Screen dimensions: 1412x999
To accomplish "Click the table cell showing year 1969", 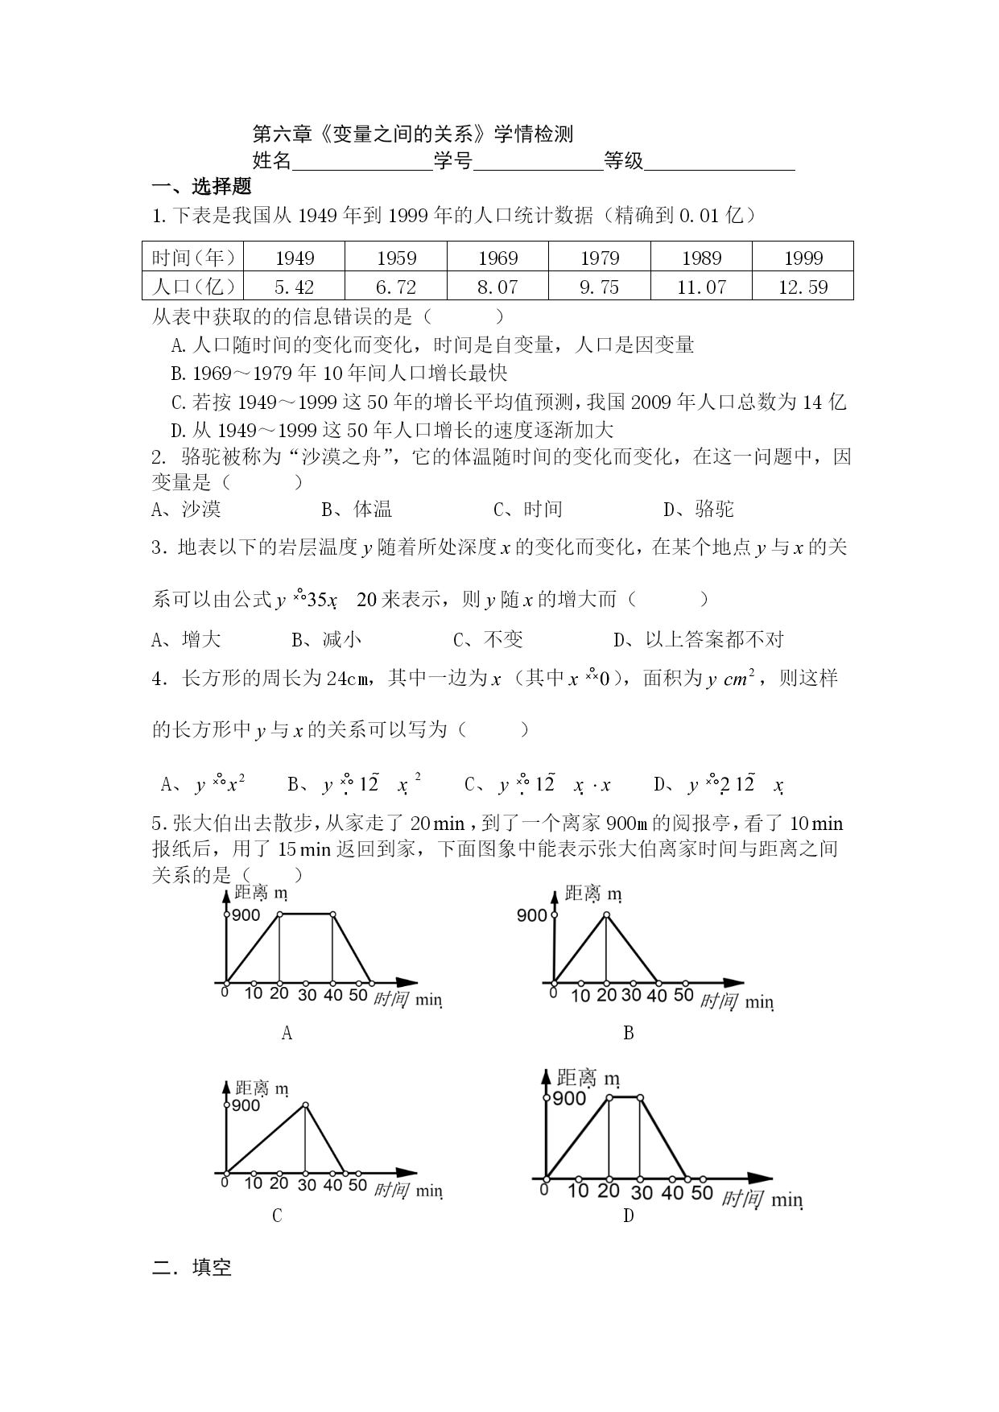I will [x=497, y=258].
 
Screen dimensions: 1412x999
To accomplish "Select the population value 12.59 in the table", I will [x=803, y=287].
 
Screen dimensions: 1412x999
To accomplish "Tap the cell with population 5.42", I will [x=294, y=287].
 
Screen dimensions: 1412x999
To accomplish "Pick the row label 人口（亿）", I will [x=193, y=287].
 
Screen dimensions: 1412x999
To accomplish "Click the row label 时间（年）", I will [x=193, y=258].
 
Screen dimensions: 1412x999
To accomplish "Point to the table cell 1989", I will [x=701, y=258].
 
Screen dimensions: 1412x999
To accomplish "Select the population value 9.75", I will [x=600, y=287].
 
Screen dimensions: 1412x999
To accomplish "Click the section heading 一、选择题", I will [x=202, y=187].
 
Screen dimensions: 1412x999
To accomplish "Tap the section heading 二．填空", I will [x=192, y=1268].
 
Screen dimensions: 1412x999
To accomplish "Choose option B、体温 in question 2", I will [x=357, y=509].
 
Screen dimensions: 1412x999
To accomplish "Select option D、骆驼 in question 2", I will [x=699, y=509].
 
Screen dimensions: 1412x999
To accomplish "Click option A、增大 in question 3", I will [x=186, y=640].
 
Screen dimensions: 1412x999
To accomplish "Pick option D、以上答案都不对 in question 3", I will [x=698, y=640].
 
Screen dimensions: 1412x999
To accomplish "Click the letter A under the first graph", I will [x=287, y=1033].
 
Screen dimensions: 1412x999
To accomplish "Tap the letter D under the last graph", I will [x=629, y=1216].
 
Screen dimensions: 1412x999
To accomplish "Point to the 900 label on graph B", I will [x=531, y=915].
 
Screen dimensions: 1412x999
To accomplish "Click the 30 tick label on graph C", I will [x=305, y=1184].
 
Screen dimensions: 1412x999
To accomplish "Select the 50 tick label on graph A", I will [x=357, y=994].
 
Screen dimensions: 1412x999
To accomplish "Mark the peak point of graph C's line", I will [x=305, y=1105].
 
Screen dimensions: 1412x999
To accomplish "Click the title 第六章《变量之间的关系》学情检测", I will [x=413, y=134].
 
